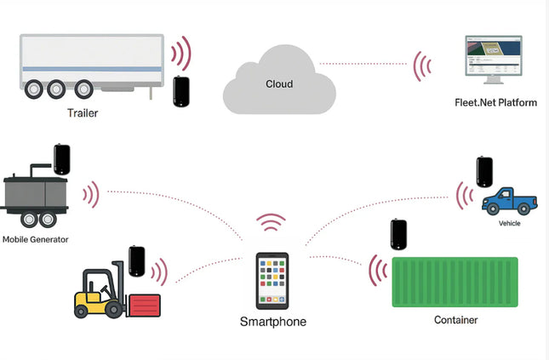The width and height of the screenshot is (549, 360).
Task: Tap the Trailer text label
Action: tap(83, 111)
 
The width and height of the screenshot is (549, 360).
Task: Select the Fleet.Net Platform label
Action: tap(496, 103)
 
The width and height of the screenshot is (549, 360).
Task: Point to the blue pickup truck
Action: tap(509, 201)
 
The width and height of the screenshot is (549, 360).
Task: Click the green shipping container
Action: tap(454, 282)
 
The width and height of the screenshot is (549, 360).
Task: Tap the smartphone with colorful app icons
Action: tap(272, 280)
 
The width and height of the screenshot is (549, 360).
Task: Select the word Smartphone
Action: tap(272, 323)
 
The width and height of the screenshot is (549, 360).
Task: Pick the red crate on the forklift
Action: tap(144, 303)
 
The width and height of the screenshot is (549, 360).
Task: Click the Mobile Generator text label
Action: tap(35, 240)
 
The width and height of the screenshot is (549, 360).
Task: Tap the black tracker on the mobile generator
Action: tap(62, 159)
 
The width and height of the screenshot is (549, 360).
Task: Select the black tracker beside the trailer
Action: tap(181, 91)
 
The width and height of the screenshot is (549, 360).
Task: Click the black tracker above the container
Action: tap(398, 235)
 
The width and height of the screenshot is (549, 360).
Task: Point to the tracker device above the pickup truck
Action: tap(484, 171)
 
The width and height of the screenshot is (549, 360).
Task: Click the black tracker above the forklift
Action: tap(136, 260)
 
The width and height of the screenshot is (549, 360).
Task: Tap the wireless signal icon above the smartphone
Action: tap(272, 224)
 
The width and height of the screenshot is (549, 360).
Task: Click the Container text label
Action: tap(455, 320)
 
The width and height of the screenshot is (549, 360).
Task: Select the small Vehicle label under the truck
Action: tap(509, 223)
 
